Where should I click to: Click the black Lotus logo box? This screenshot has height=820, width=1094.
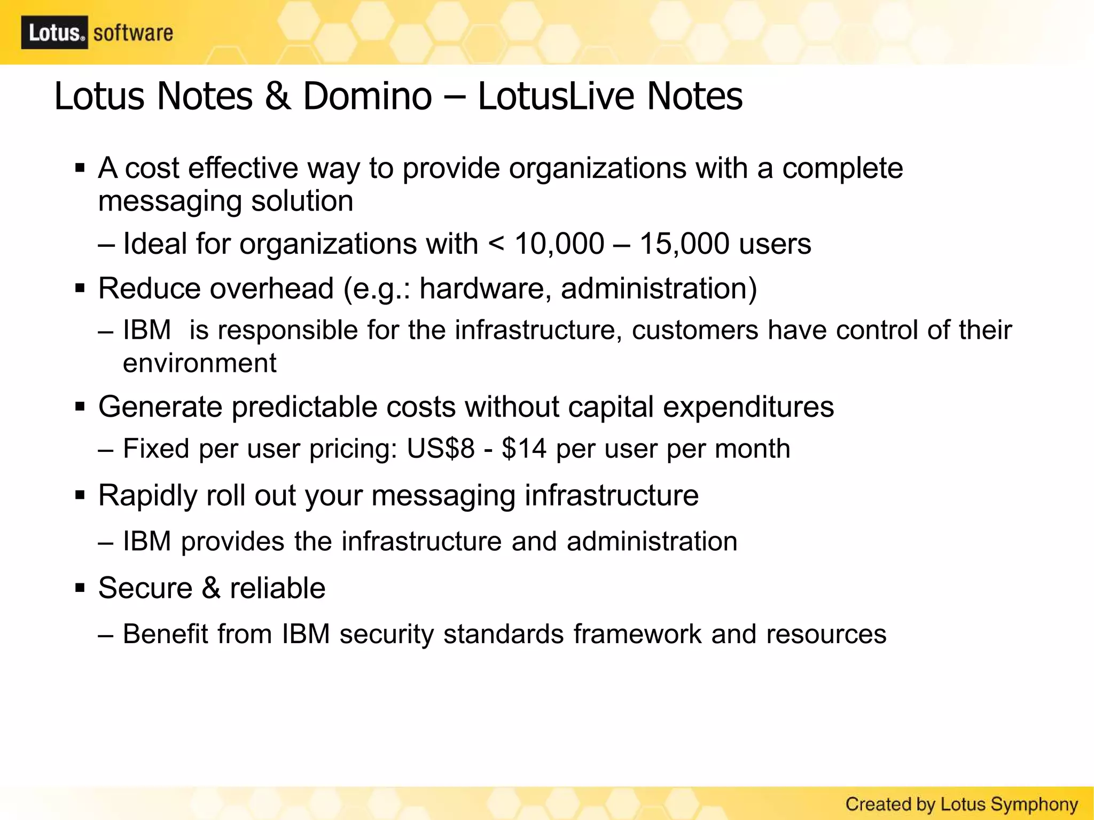click(54, 33)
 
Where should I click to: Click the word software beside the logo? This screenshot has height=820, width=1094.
click(133, 33)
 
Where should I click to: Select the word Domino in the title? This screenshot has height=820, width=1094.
click(368, 97)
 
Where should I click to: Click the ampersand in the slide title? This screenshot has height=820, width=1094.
click(278, 97)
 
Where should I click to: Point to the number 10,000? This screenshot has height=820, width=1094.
click(559, 244)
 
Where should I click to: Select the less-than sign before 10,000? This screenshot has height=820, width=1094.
click(496, 245)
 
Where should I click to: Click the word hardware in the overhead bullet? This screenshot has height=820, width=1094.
click(485, 288)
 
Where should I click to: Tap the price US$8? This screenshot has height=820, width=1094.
click(441, 449)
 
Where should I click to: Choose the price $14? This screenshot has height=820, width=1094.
click(524, 449)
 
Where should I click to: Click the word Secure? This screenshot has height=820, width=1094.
click(145, 588)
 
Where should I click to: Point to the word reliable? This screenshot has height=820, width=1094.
click(277, 588)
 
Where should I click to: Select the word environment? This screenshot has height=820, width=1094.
click(200, 364)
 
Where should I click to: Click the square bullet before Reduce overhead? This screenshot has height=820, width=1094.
click(80, 289)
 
